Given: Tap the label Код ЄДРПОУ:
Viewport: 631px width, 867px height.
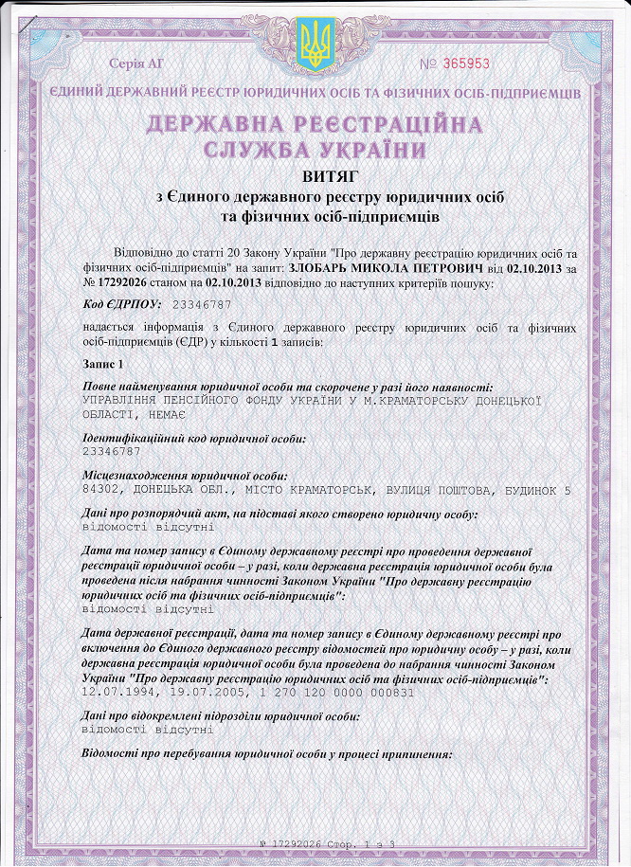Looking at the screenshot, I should point(121,304).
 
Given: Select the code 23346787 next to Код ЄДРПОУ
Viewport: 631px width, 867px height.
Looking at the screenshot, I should point(203,305).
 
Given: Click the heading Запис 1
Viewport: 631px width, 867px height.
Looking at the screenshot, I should point(102,365).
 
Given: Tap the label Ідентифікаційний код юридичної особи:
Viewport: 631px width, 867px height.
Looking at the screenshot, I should point(194,438).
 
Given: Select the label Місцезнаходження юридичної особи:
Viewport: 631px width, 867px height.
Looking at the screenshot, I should point(185,476).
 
